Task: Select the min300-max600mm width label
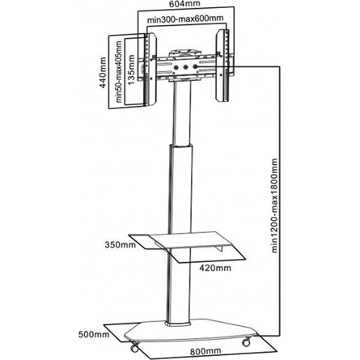(x=185, y=19)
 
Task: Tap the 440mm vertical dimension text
(x=103, y=72)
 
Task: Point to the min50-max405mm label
(x=119, y=71)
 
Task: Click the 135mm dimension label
(x=131, y=70)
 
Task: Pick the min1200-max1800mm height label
(x=274, y=205)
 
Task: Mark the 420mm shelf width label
(x=215, y=268)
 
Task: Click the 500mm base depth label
(x=94, y=335)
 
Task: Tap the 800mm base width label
(x=205, y=351)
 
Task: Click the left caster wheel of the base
(x=134, y=347)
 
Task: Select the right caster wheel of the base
(x=246, y=342)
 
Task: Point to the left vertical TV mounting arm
(x=150, y=69)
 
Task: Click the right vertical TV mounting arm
(x=222, y=66)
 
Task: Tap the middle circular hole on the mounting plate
(x=185, y=67)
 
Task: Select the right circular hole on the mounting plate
(x=194, y=66)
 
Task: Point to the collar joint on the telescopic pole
(x=181, y=147)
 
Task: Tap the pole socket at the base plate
(x=178, y=323)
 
